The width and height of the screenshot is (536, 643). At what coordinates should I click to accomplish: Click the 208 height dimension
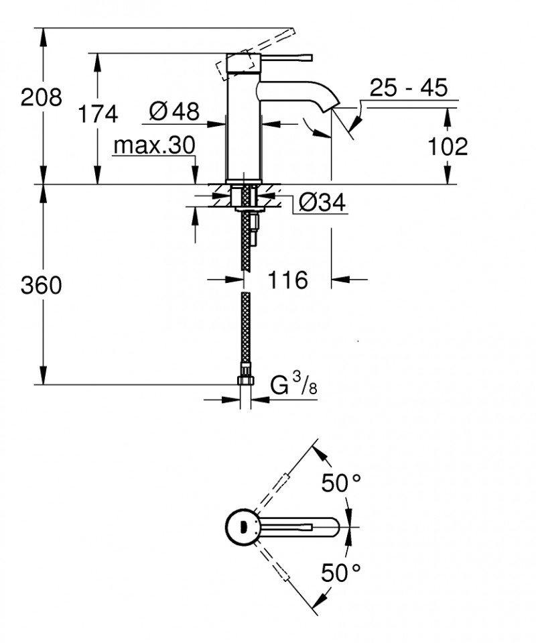tap(41, 98)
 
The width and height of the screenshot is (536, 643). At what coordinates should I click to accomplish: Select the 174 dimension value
tap(98, 113)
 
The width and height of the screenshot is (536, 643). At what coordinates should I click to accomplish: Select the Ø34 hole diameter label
tap(322, 202)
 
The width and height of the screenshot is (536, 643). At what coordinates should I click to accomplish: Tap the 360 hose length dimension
tap(41, 286)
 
